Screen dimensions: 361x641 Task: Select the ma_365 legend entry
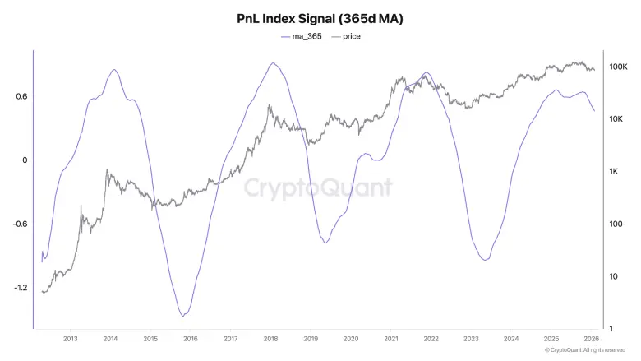(302, 36)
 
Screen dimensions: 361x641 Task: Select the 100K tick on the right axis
(618, 67)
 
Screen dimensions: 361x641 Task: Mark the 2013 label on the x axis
(70, 338)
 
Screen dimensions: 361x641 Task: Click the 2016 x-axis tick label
(190, 338)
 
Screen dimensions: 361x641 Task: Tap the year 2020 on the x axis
(351, 338)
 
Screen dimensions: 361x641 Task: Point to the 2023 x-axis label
(471, 338)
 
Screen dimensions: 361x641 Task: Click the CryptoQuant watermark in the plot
(319, 187)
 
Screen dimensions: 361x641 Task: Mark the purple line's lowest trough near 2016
(183, 315)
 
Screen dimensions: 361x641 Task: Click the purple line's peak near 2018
(273, 62)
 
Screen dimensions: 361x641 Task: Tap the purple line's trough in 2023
(484, 260)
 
